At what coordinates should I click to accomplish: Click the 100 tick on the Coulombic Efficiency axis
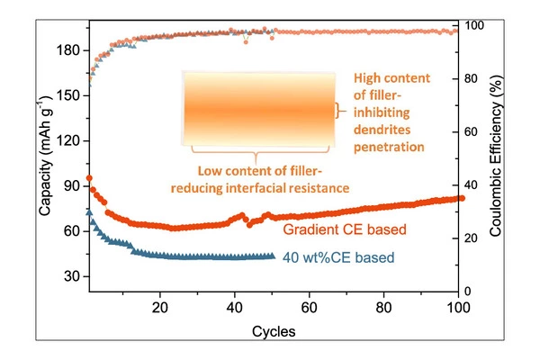click(476, 25)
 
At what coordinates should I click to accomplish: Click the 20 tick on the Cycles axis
click(160, 306)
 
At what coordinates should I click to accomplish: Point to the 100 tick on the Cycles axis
click(459, 306)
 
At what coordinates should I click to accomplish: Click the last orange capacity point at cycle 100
click(461, 198)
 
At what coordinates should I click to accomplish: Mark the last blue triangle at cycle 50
click(272, 256)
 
